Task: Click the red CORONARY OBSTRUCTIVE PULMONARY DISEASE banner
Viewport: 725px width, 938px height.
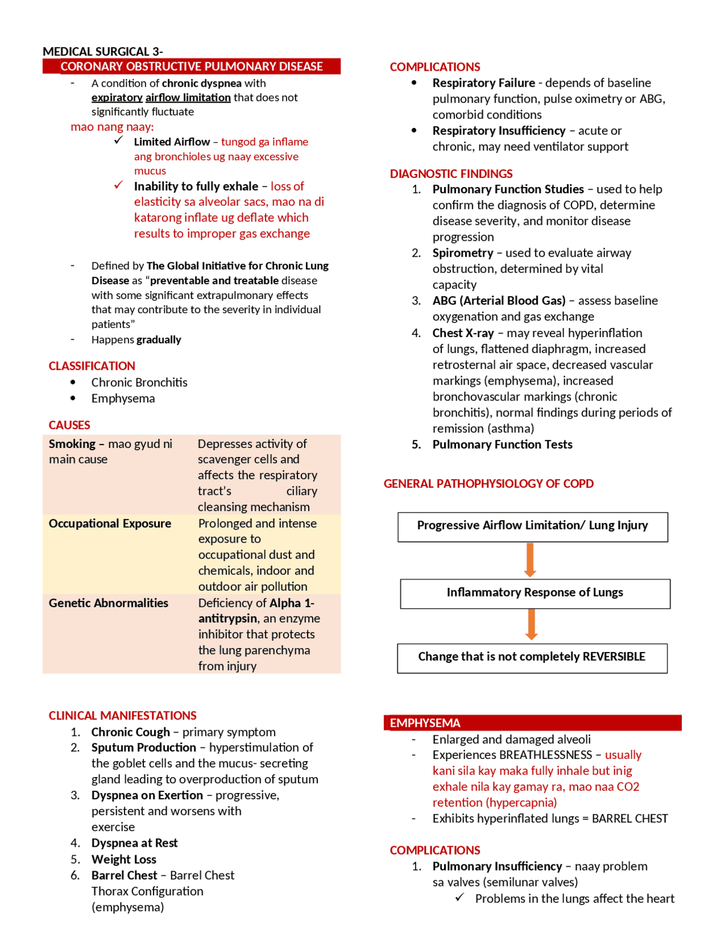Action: [x=191, y=66]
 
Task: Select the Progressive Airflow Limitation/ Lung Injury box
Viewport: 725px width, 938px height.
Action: [x=532, y=526]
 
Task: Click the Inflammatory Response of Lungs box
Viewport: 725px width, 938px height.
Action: [x=535, y=593]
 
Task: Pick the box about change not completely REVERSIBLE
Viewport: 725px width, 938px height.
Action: [x=532, y=658]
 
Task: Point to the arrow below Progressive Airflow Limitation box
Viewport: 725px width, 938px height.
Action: [x=530, y=560]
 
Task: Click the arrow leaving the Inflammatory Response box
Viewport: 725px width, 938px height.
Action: [x=531, y=624]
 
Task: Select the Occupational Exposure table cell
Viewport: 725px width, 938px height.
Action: [x=110, y=523]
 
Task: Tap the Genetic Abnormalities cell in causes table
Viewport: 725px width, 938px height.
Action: [x=108, y=603]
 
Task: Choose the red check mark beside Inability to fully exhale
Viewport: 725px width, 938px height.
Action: [x=118, y=185]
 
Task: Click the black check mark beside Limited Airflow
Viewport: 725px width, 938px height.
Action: [x=118, y=140]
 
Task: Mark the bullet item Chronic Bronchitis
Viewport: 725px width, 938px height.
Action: [x=139, y=382]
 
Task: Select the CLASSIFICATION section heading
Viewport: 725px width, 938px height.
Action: [x=92, y=366]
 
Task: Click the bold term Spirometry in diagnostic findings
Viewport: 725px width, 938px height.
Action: [x=463, y=253]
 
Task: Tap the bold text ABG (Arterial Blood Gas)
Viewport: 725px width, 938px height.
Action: [x=498, y=300]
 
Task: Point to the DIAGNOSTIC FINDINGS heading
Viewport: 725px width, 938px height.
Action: [x=451, y=173]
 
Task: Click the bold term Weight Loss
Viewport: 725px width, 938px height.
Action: [x=123, y=859]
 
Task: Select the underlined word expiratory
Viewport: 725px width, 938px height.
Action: [x=117, y=97]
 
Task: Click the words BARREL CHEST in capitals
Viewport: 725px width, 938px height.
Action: [x=629, y=818]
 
